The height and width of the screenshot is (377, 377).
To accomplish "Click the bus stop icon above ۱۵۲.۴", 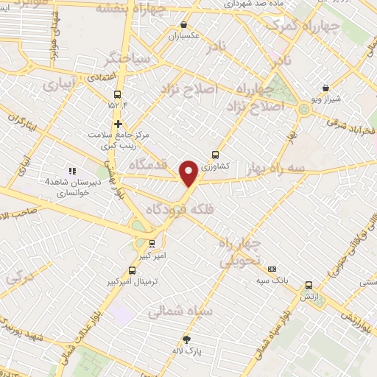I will (x=117, y=94).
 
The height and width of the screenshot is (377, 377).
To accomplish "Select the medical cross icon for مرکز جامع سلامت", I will (x=117, y=124).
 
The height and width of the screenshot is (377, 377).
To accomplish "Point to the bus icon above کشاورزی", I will (x=215, y=155).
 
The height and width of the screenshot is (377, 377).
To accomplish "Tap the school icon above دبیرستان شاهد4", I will (x=71, y=171).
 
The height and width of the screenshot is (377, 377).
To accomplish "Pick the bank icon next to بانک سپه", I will (x=272, y=269).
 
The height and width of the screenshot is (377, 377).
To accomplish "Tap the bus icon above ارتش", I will (x=309, y=285).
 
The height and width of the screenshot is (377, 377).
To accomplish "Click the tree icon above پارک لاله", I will (x=187, y=339).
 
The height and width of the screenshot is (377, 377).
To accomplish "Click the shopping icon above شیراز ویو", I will (x=325, y=88).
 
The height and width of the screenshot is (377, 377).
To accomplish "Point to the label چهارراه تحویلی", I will (x=242, y=253).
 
